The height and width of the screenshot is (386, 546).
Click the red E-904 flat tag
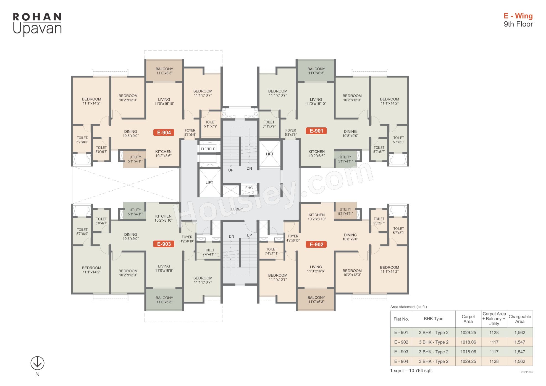164,133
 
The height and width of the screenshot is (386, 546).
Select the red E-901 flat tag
316,131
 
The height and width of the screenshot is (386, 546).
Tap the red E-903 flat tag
164,244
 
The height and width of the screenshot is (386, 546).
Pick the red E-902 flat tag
316,245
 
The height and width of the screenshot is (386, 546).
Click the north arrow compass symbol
37,363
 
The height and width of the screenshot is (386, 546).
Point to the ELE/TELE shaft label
208,149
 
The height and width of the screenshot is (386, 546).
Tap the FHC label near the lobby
249,188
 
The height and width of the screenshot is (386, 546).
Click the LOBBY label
237,209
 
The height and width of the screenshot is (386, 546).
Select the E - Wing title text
518,16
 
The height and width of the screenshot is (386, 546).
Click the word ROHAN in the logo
37,17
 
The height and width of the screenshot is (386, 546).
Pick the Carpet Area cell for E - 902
468,342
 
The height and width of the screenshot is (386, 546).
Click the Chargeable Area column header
520,319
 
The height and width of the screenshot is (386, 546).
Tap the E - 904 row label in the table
401,361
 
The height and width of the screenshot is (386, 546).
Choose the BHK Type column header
434,319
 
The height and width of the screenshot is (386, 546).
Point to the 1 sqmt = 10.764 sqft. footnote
411,371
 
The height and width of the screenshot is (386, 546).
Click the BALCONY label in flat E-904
164,69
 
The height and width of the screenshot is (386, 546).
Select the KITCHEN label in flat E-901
317,152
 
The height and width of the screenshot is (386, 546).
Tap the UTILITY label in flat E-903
135,210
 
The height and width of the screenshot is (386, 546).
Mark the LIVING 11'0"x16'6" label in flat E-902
316,269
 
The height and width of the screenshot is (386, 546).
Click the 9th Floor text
518,24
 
